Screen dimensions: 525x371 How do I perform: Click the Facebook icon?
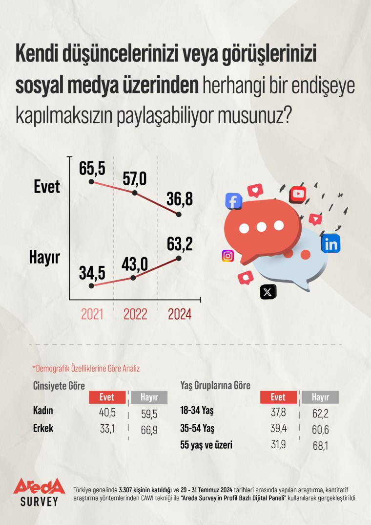tap(234, 201)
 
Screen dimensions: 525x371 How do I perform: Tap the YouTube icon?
tap(298, 194)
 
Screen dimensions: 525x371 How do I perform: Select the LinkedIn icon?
tap(330, 243)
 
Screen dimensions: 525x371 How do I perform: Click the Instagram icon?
tap(228, 256)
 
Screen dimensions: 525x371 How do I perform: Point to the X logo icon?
tap(268, 292)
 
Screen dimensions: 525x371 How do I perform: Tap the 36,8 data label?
tap(179, 199)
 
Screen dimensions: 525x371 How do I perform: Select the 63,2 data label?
tap(179, 242)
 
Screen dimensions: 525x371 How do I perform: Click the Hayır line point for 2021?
tap(91, 285)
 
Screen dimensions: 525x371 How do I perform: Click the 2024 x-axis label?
tap(179, 314)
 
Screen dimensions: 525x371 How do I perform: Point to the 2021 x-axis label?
tap(92, 314)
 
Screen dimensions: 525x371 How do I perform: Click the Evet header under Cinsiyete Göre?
tap(106, 397)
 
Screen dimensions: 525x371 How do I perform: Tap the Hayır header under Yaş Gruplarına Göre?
tap(320, 397)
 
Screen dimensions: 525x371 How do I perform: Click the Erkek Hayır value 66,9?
tap(148, 429)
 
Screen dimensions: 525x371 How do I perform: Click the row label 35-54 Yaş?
tap(197, 429)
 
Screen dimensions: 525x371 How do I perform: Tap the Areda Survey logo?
tap(39, 491)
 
